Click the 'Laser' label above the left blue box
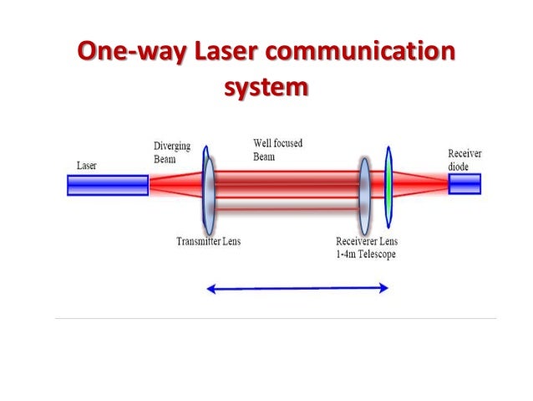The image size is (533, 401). pyautogui.click(x=86, y=165)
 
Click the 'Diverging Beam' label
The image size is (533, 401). pyautogui.click(x=171, y=151)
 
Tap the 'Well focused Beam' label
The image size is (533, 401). pyautogui.click(x=277, y=149)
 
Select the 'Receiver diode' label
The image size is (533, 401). pyautogui.click(x=464, y=159)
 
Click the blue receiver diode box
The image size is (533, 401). pyautogui.click(x=464, y=183)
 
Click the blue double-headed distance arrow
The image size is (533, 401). pyautogui.click(x=297, y=288)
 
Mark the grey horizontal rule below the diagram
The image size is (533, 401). pyautogui.click(x=275, y=319)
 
